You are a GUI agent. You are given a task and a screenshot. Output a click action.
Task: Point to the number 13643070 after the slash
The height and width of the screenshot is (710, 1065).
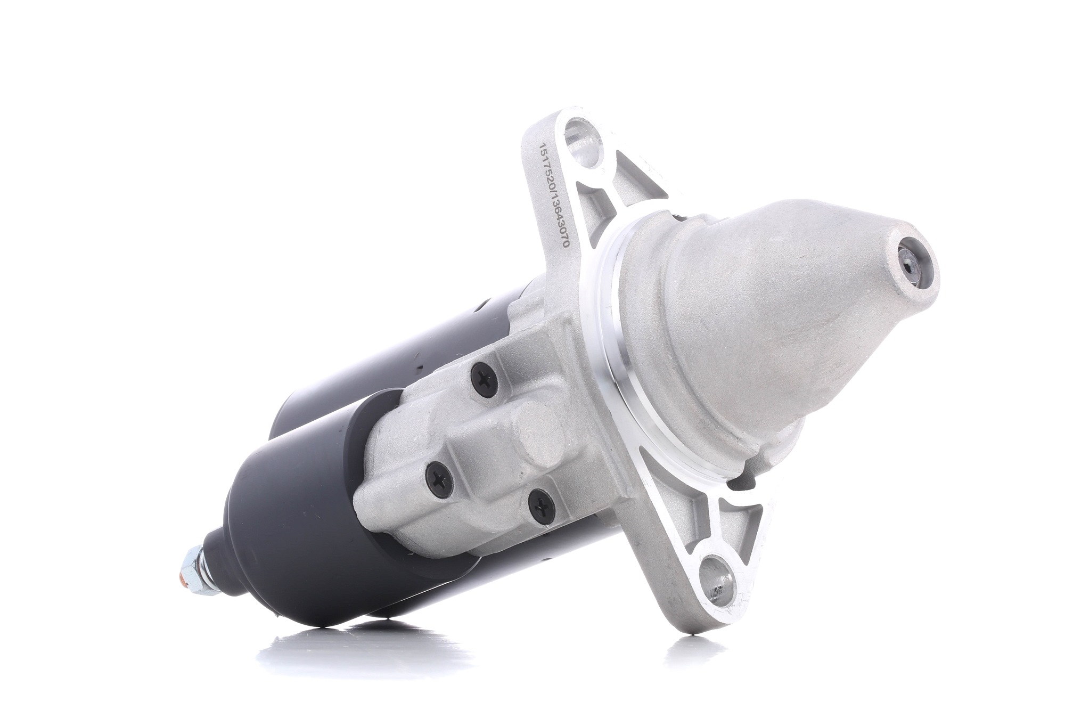[x=556, y=226]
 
